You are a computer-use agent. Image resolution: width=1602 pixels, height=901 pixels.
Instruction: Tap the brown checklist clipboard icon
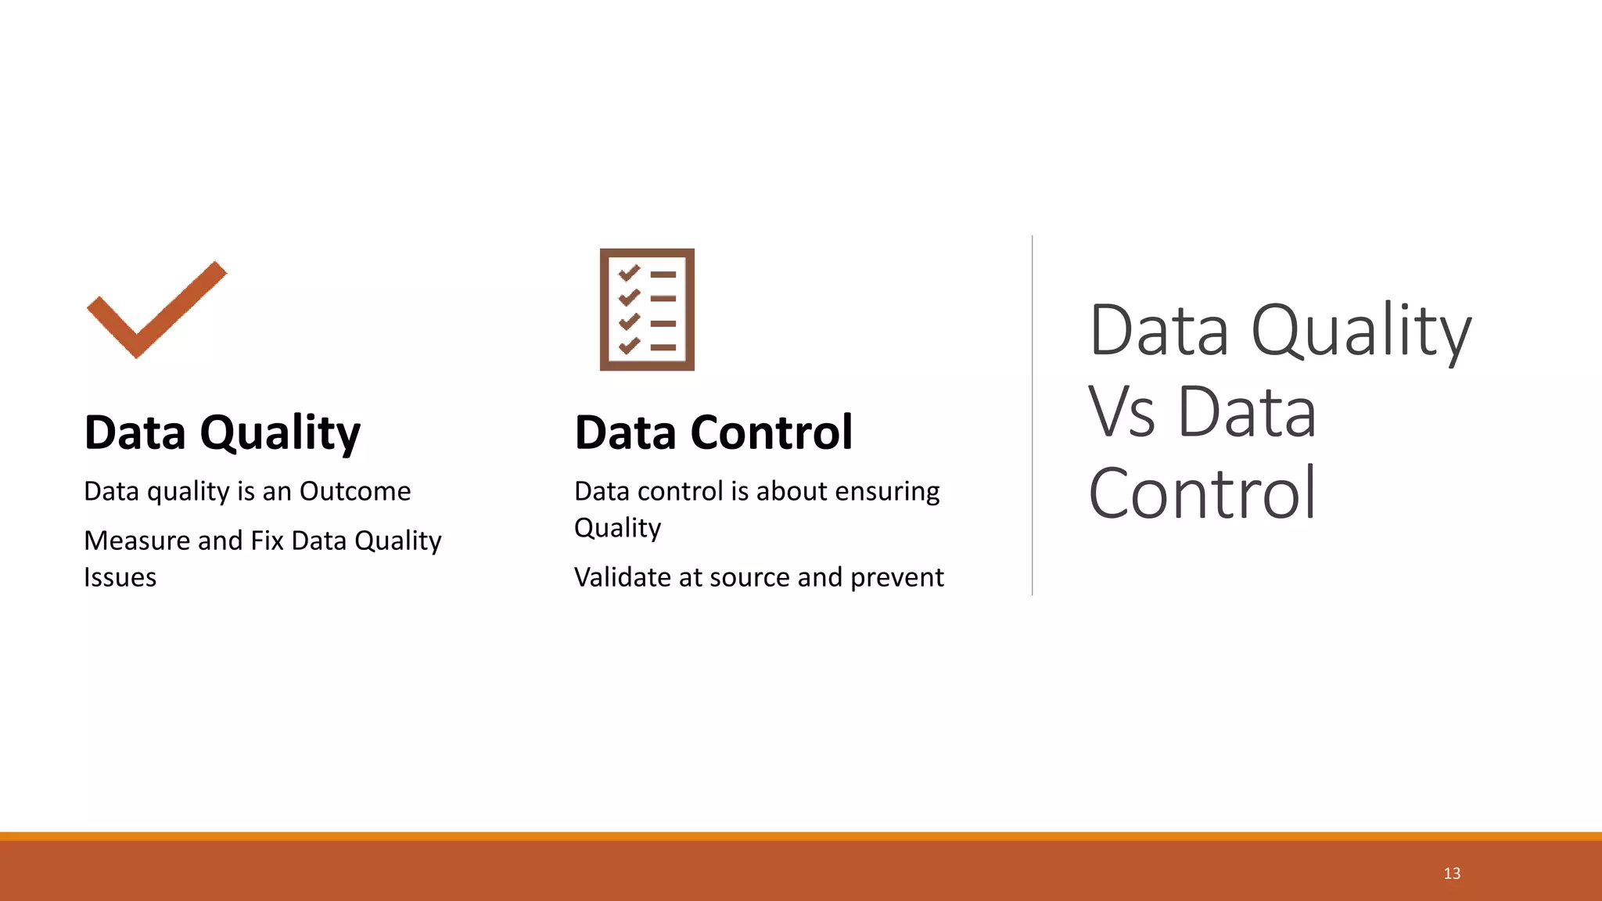pyautogui.click(x=647, y=309)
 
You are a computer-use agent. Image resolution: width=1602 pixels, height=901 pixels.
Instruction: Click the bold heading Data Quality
pyautogui.click(x=222, y=433)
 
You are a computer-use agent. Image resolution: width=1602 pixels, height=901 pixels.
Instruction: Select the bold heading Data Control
pyautogui.click(x=713, y=433)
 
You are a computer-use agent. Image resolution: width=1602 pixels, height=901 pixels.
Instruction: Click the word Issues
pyautogui.click(x=120, y=577)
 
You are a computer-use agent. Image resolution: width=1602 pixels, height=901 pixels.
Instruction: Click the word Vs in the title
pyautogui.click(x=1121, y=412)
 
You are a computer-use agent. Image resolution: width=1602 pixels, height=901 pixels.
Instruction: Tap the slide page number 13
pyautogui.click(x=1452, y=874)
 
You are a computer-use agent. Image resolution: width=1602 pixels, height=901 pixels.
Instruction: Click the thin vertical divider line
pyautogui.click(x=1032, y=415)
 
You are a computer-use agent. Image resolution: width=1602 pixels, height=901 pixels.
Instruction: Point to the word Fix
pyautogui.click(x=267, y=540)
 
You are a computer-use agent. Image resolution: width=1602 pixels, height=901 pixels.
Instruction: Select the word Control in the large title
pyautogui.click(x=1202, y=494)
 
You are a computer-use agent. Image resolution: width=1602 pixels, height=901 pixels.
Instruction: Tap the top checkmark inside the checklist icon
pyautogui.click(x=630, y=273)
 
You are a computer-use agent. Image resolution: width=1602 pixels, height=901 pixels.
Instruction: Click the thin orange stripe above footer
pyautogui.click(x=801, y=836)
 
